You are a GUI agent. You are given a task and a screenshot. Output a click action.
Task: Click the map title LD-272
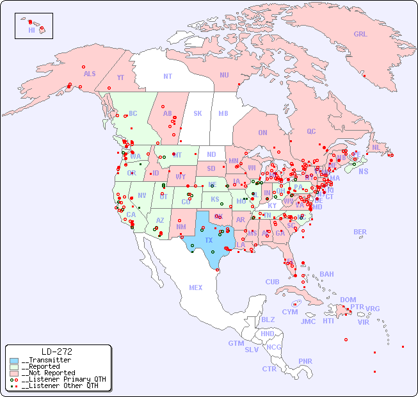click(56, 352)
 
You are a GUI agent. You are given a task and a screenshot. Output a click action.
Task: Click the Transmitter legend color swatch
click(14, 361)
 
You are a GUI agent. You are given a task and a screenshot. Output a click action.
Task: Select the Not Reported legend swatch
click(14, 373)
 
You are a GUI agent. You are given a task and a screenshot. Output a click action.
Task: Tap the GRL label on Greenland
click(360, 35)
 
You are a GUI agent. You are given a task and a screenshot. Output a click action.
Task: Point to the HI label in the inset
click(31, 30)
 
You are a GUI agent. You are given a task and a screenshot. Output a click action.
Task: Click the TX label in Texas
click(209, 240)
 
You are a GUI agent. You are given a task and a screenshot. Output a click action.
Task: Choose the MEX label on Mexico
click(196, 288)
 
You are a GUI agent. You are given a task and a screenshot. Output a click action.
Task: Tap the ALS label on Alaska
click(90, 74)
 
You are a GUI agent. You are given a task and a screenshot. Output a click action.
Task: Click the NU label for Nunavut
click(224, 75)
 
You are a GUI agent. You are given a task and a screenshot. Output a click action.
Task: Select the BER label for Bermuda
click(360, 232)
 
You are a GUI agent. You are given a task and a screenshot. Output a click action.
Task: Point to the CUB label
click(272, 282)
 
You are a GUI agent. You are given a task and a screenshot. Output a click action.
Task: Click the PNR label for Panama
click(305, 361)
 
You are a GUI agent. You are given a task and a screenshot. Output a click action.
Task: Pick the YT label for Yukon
click(120, 77)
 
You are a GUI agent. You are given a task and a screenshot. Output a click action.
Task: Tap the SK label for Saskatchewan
click(198, 113)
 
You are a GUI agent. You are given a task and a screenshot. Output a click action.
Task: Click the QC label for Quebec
click(311, 131)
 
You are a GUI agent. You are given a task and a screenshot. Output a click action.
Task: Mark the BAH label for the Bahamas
click(326, 274)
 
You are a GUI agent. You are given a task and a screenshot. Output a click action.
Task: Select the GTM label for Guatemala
click(236, 343)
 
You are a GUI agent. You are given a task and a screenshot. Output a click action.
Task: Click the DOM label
click(348, 300)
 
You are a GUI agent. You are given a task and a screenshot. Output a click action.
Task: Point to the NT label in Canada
click(167, 76)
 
